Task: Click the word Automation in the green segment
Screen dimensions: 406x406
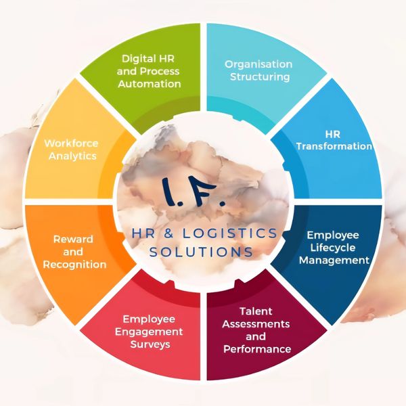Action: (150, 84)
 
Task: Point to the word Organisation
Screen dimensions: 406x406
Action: (258, 64)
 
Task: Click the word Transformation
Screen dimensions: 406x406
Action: (334, 146)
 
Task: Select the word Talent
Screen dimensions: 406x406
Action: (256, 312)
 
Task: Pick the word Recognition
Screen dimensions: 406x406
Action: (74, 264)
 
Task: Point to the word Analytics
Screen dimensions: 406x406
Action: (71, 156)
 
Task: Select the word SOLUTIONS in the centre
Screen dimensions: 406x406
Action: (202, 252)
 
